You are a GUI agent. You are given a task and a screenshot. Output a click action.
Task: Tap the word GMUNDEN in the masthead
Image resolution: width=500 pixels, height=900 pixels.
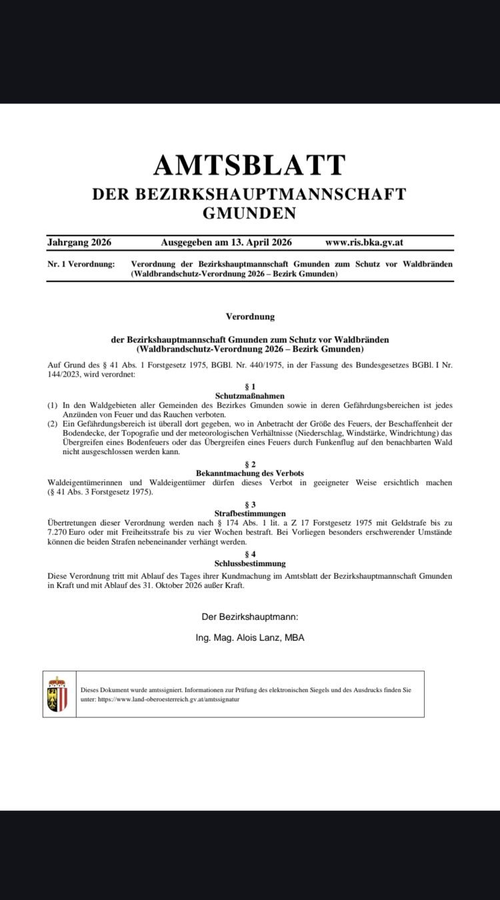tap(249, 213)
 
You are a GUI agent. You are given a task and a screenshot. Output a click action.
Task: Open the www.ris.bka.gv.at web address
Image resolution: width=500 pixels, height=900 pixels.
tap(368, 243)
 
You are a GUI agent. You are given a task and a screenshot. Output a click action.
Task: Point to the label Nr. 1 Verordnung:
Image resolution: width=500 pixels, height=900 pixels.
tap(81, 264)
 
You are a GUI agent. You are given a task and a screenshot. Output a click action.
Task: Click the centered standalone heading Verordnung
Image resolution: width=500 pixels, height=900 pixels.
tap(250, 317)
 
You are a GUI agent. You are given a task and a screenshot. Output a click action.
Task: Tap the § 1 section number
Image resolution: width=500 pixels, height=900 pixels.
tap(250, 387)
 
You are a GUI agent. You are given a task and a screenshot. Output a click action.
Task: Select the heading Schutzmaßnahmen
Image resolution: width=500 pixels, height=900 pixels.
tap(250, 396)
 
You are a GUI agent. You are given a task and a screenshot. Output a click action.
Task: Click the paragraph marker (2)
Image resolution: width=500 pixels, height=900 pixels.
tap(53, 424)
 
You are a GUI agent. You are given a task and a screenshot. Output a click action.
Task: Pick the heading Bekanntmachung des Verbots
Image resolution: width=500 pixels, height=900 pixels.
tap(250, 473)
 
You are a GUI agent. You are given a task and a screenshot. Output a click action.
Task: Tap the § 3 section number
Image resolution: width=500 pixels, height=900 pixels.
tap(250, 505)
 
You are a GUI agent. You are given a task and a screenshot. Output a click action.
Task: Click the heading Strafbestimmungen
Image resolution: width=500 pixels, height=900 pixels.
tap(250, 514)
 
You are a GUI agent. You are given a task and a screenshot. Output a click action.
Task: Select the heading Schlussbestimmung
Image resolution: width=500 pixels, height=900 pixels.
tap(250, 563)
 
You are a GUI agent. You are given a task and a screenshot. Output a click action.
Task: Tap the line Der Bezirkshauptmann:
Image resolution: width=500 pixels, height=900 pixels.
tap(250, 617)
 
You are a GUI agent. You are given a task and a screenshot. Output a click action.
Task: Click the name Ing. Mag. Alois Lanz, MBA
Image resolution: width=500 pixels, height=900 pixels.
tap(250, 637)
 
